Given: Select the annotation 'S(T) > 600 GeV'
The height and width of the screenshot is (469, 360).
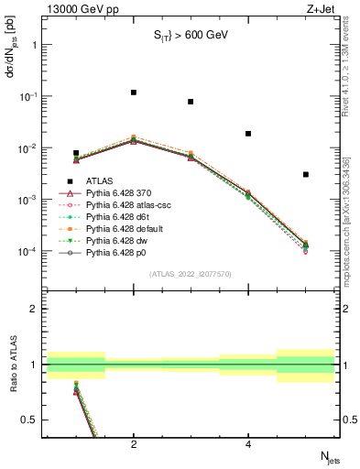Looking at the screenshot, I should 190,36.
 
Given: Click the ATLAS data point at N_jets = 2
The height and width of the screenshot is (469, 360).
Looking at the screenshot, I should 134,93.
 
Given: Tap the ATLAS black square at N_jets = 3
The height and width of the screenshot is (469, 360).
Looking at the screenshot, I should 191,102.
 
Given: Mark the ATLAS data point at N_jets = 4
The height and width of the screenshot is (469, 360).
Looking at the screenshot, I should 248,134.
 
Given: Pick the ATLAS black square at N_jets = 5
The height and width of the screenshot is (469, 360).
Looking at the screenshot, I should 306,174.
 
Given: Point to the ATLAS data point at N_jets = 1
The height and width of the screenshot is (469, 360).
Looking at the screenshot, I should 76,153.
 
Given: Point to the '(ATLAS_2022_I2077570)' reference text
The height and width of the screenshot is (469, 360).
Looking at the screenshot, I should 190,273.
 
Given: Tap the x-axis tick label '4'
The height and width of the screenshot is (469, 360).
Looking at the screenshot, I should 248,445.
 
